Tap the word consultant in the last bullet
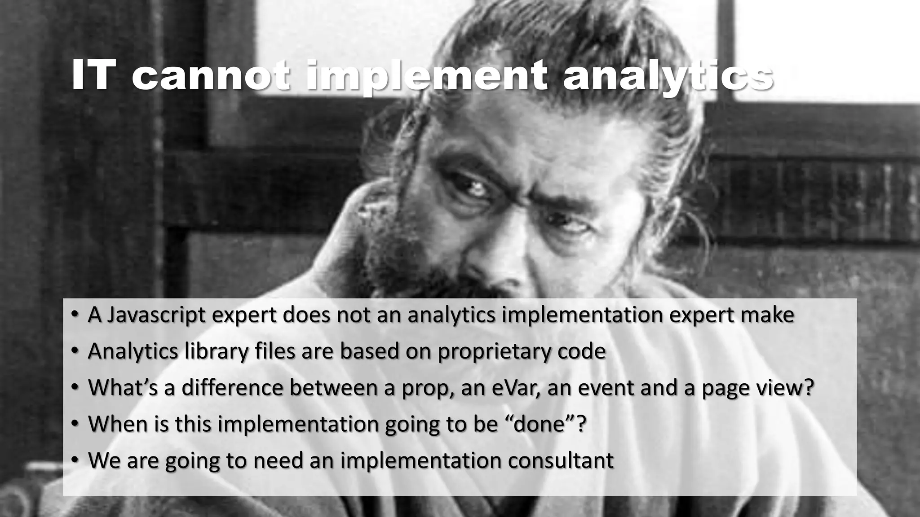(557, 460)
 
